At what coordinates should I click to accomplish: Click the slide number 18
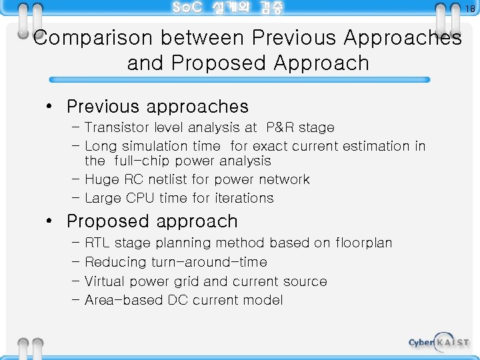click(470, 9)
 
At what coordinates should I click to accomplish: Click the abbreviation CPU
click(140, 198)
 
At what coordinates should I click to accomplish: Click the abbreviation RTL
click(99, 243)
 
